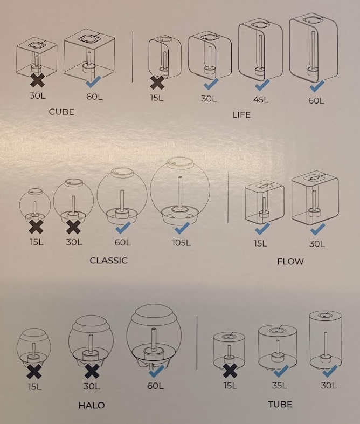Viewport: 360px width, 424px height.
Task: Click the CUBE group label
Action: click(x=61, y=112)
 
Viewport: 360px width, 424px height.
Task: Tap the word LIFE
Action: click(x=241, y=115)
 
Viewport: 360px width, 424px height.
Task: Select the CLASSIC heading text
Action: click(x=108, y=261)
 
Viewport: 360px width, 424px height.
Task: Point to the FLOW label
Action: click(x=290, y=262)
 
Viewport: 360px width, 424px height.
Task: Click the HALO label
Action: click(x=92, y=405)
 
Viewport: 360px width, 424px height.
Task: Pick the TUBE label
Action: click(x=280, y=404)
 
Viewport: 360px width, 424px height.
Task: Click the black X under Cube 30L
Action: click(x=37, y=80)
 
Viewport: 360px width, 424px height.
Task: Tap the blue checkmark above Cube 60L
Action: click(x=93, y=81)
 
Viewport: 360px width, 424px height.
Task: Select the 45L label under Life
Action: click(x=261, y=99)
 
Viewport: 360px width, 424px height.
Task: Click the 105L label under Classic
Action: click(x=181, y=243)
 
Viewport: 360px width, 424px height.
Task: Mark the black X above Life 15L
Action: click(x=157, y=83)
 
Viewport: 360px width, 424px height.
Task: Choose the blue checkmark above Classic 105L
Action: click(x=182, y=228)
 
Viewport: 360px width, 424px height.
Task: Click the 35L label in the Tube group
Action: click(x=280, y=385)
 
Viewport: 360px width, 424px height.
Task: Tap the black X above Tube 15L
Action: click(x=230, y=371)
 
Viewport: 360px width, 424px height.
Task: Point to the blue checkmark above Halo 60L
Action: click(x=157, y=371)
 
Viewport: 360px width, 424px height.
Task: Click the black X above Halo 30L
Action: click(x=92, y=371)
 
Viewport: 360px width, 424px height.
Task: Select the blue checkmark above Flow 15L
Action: click(x=262, y=229)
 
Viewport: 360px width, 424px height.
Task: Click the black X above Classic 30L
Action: click(x=73, y=227)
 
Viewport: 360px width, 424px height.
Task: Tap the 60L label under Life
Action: click(x=316, y=100)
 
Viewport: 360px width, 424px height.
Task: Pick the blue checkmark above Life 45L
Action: click(x=262, y=85)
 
